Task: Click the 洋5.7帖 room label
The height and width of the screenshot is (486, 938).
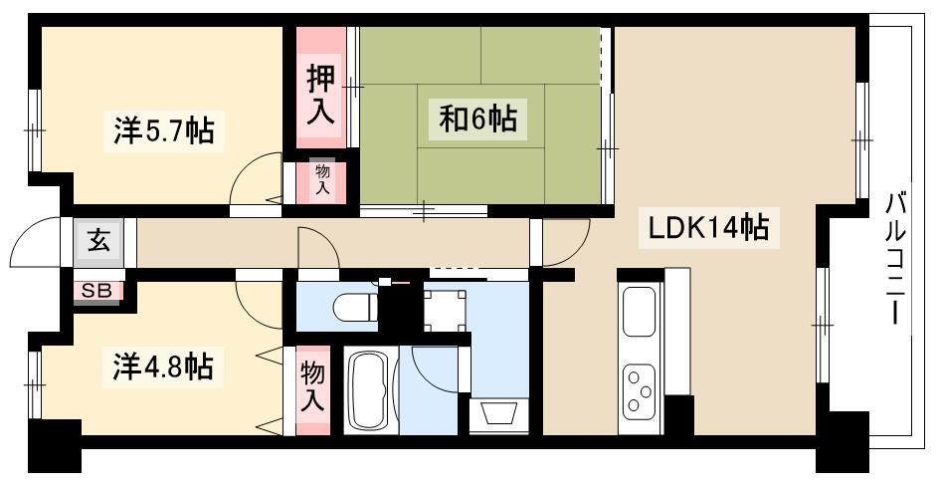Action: (164, 130)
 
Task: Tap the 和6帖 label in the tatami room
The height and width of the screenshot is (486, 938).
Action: (478, 120)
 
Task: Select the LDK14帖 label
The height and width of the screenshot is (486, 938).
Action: (709, 228)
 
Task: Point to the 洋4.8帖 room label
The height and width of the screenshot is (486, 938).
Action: (163, 366)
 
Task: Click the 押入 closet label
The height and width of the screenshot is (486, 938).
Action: (320, 96)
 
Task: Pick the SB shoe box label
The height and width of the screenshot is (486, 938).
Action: (96, 291)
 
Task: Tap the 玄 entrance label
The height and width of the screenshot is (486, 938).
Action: (99, 241)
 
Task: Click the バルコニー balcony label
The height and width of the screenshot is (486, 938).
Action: (895, 258)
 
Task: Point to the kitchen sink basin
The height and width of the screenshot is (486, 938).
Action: (639, 311)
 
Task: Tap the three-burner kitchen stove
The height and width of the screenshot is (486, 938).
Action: (639, 391)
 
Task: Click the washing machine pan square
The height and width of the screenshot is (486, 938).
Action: (444, 311)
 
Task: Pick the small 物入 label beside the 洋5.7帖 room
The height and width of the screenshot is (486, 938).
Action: (322, 178)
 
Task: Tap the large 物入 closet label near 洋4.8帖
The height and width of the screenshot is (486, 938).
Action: (312, 387)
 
